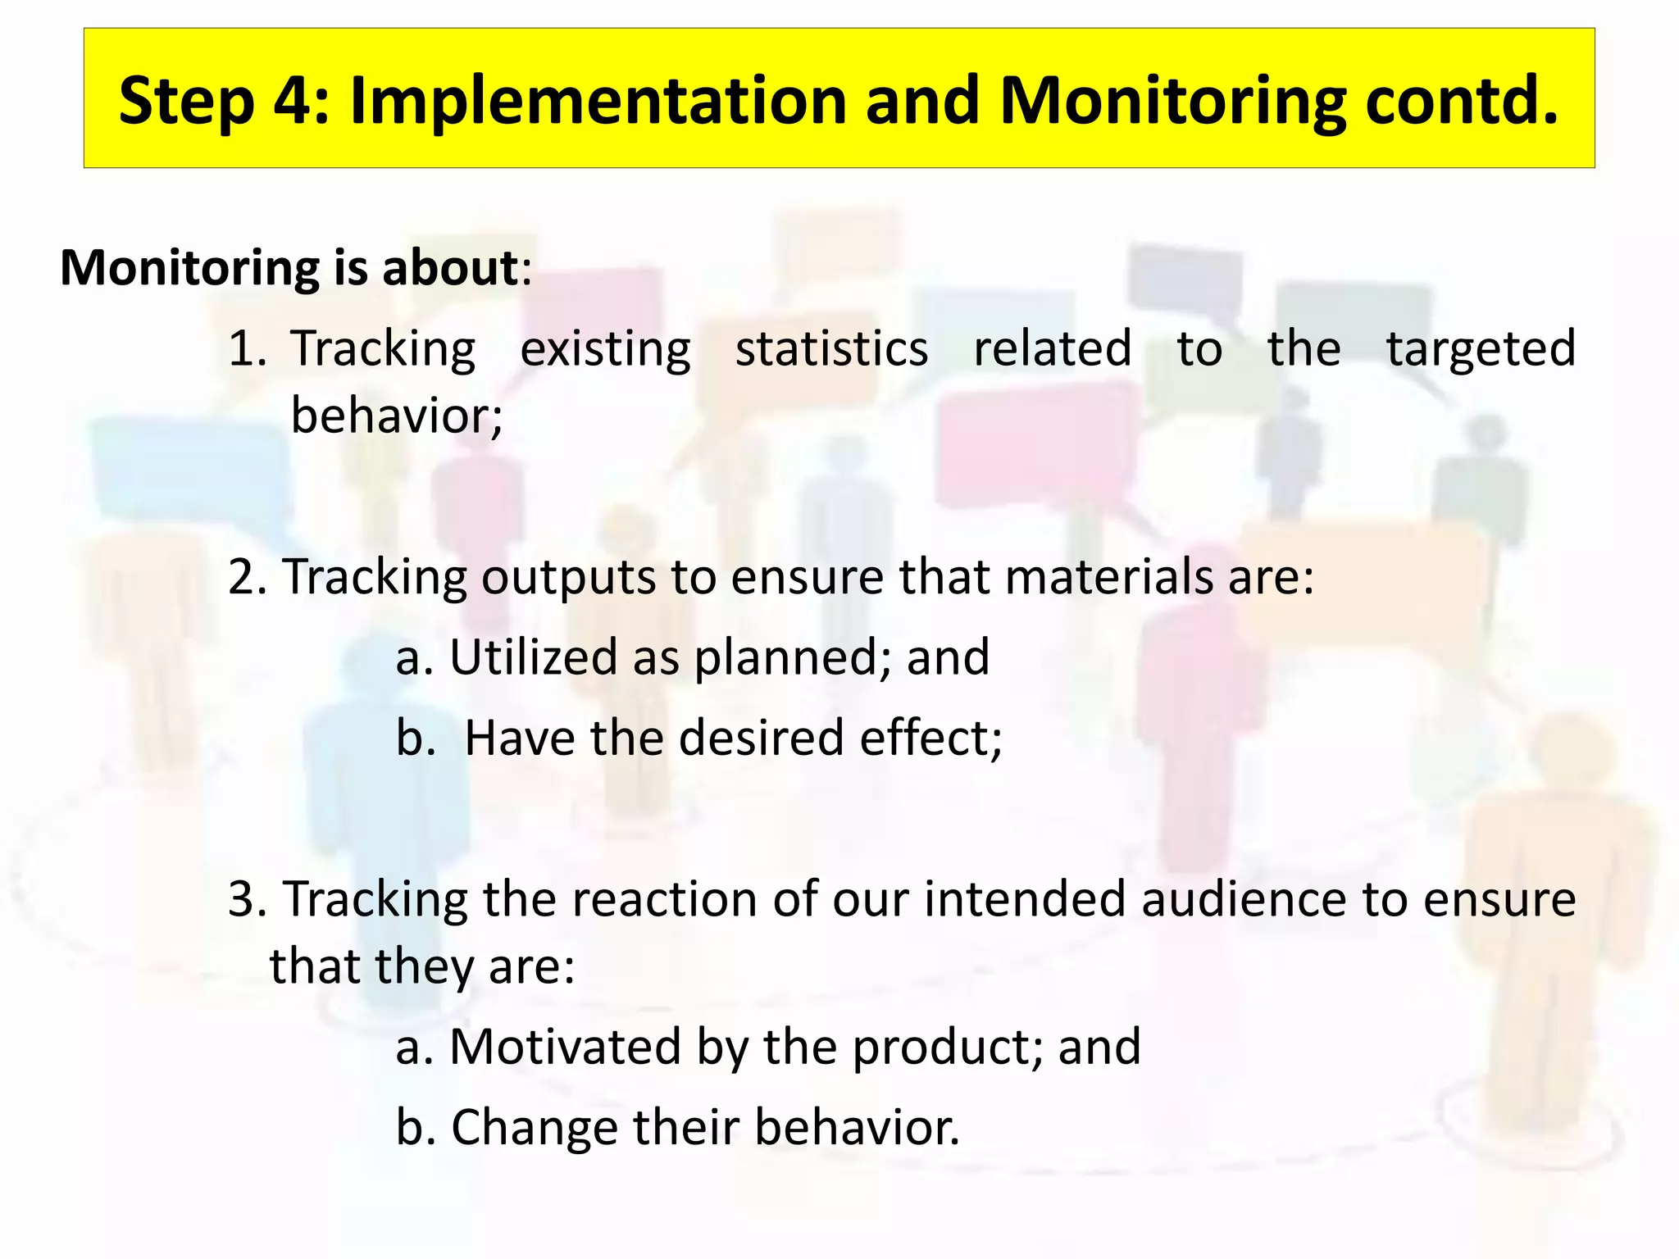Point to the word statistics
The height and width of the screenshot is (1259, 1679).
pos(831,348)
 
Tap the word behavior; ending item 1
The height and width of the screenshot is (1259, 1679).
pos(397,416)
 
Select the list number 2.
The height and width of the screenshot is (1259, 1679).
pos(243,576)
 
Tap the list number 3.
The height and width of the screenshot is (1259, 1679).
pos(243,899)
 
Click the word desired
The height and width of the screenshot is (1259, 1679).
pos(761,738)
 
